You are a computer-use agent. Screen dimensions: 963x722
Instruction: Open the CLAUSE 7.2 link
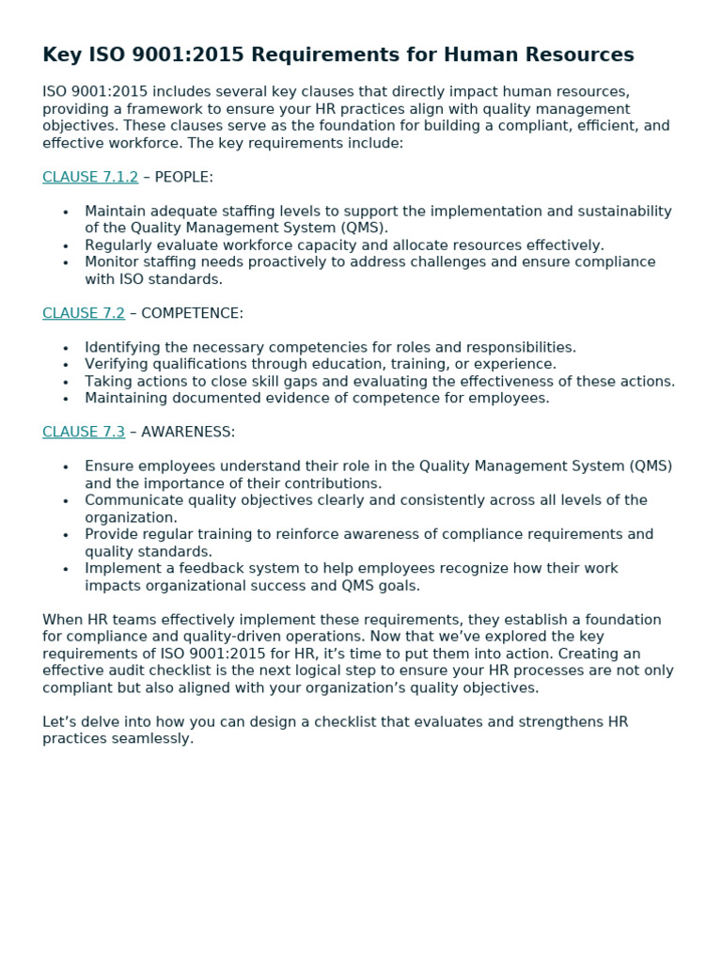84,313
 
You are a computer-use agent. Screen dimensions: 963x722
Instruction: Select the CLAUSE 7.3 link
84,433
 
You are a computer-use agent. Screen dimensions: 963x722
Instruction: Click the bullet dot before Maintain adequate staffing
66,213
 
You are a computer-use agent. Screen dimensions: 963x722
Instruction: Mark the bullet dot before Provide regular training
66,535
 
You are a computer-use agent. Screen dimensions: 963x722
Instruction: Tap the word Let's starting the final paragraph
59,722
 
